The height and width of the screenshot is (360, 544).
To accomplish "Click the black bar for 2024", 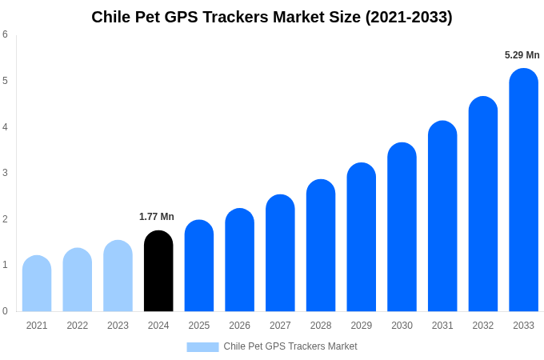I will point(158,272).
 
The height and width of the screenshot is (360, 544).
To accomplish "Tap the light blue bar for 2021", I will point(37,284).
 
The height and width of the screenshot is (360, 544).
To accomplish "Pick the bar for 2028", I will point(321,246).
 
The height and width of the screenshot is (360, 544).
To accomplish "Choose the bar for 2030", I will point(402,227).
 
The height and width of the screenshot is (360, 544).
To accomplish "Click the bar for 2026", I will point(239,260).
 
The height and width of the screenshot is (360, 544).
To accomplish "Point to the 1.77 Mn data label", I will point(157,217).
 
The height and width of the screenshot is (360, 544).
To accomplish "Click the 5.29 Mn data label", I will point(522,55).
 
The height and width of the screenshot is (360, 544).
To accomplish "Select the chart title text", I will point(272,17).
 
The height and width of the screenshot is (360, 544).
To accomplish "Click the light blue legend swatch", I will point(202,346).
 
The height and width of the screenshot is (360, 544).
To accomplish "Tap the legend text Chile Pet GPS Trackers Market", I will point(290,346).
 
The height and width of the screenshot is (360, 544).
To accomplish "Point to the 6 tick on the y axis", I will point(5,34).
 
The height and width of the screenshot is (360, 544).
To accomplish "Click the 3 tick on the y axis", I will point(5,173).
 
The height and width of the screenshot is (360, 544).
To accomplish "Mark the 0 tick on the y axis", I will point(5,311).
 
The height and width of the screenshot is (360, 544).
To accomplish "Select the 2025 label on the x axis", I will point(199,326).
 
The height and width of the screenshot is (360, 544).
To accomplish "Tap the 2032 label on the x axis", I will point(483,326).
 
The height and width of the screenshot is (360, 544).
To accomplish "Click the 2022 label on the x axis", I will point(78,326).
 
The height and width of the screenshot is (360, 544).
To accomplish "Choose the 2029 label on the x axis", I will point(362,326).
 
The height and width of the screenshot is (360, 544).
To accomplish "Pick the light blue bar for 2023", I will point(118,276).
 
